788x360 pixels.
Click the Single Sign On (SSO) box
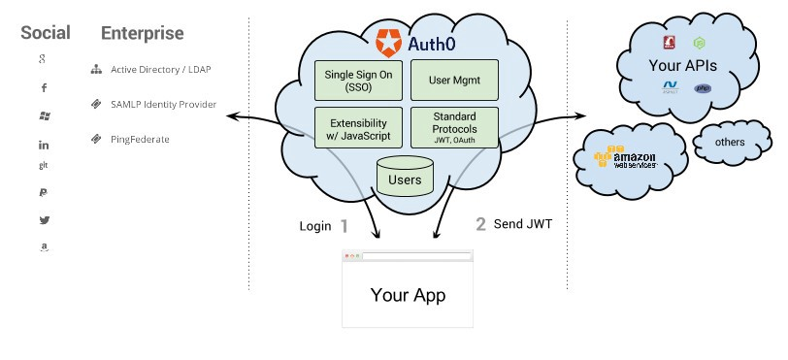pyautogui.click(x=358, y=80)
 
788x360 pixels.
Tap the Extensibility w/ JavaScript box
pyautogui.click(x=358, y=128)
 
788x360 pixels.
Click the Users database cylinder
pyautogui.click(x=405, y=179)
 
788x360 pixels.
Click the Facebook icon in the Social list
pyautogui.click(x=44, y=88)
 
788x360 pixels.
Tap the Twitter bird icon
pyautogui.click(x=44, y=220)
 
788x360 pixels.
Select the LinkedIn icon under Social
pyautogui.click(x=44, y=145)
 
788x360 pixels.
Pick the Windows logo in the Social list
pyautogui.click(x=44, y=115)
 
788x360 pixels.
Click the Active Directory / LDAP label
pyautogui.click(x=159, y=70)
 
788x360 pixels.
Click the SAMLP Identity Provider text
pyautogui.click(x=161, y=104)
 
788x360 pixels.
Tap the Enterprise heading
pyautogui.click(x=142, y=33)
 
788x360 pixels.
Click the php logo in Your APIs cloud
pyautogui.click(x=703, y=88)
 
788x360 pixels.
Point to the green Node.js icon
pyautogui.click(x=698, y=43)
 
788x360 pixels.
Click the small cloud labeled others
pyautogui.click(x=729, y=143)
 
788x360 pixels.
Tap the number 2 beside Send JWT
pyautogui.click(x=480, y=225)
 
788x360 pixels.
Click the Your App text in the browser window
pyautogui.click(x=407, y=294)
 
